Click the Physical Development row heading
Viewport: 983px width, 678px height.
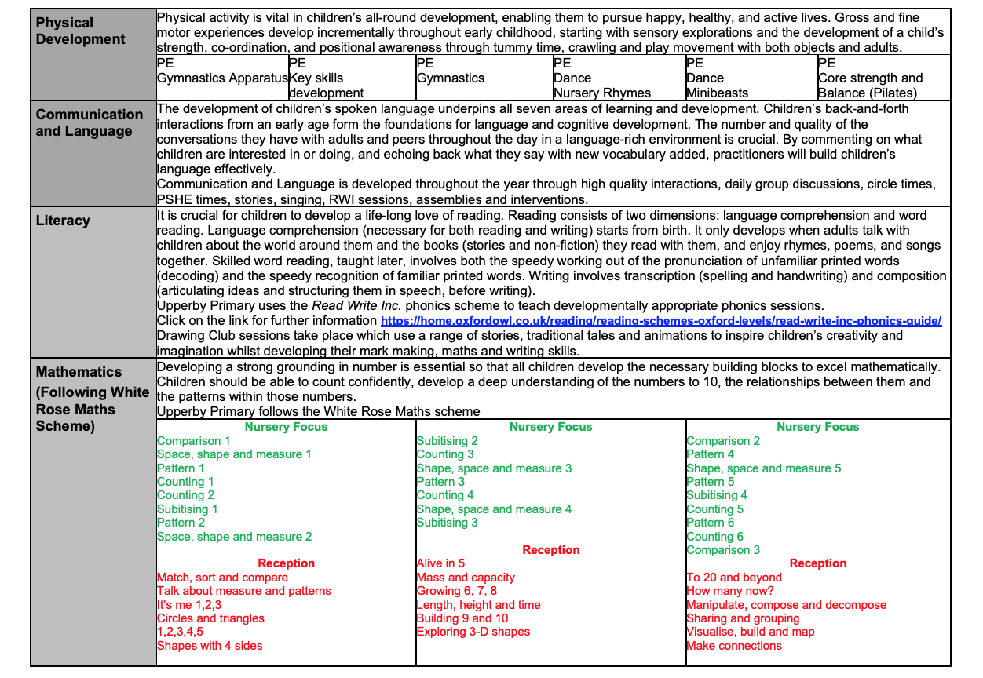pos(80,31)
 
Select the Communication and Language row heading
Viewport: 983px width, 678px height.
pos(89,122)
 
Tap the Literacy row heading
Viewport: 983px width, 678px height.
pos(63,221)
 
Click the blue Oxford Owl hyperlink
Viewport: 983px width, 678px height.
pos(661,321)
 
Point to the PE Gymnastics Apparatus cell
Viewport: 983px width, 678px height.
pos(222,78)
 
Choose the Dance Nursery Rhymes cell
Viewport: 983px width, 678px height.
pos(601,86)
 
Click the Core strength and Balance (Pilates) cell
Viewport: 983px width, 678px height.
pos(870,86)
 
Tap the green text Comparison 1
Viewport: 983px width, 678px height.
pos(194,441)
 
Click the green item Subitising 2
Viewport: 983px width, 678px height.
pos(447,441)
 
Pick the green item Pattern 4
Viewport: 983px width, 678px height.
pos(711,454)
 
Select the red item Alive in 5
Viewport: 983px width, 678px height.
pos(440,563)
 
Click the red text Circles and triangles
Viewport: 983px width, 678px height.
pos(210,618)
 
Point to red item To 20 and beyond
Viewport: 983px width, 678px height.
pos(734,578)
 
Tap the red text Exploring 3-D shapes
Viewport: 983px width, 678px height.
pos(473,632)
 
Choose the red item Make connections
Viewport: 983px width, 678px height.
pos(734,646)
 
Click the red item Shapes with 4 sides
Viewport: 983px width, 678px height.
pos(210,646)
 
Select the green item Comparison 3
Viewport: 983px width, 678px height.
pos(723,550)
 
